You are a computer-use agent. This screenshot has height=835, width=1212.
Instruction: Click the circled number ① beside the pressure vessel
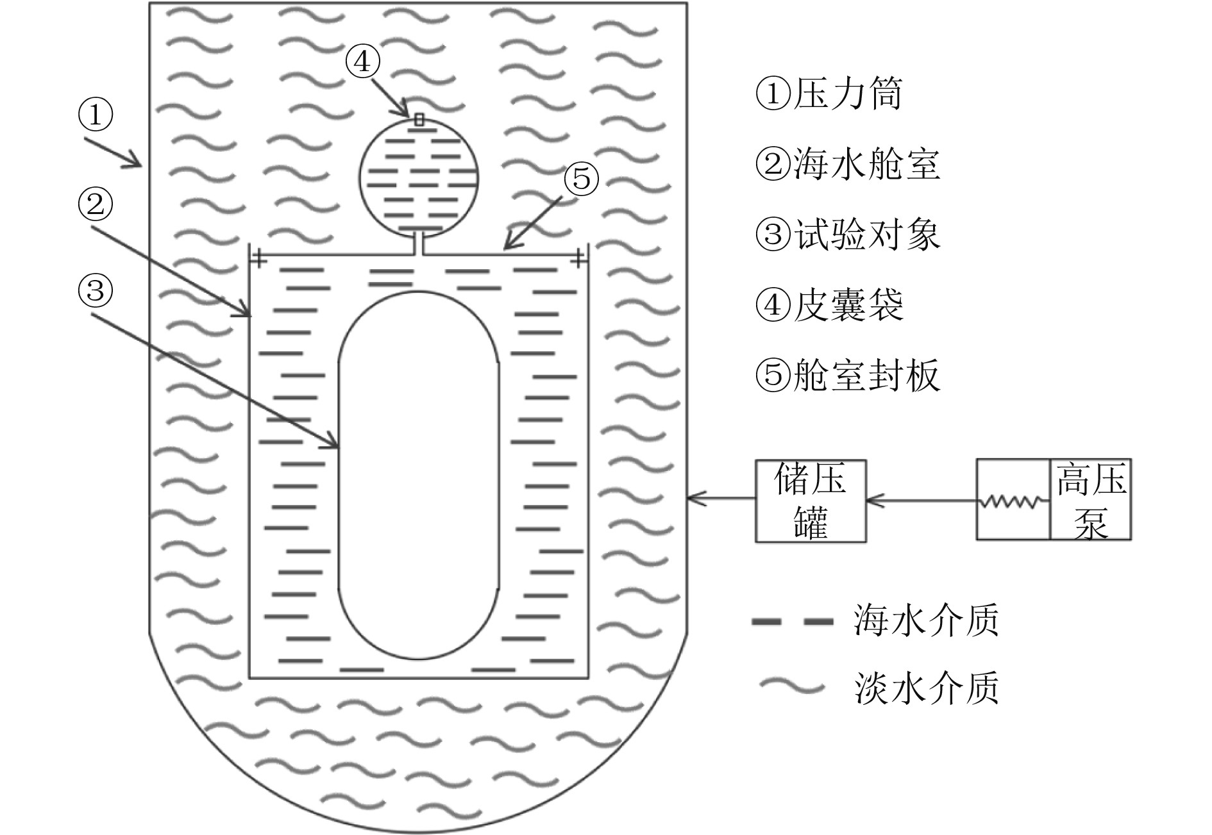coord(96,115)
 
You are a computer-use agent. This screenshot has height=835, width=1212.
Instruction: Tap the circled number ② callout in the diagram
coord(96,205)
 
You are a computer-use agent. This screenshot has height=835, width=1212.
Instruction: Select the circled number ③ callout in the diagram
coord(96,291)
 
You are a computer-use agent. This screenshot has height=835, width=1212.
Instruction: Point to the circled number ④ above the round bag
coord(363,62)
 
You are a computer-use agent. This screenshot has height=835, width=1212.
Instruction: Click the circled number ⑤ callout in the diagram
coord(581,179)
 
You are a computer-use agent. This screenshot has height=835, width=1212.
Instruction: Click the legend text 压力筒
coord(848,95)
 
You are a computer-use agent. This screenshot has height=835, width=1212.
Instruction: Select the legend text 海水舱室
coord(866,165)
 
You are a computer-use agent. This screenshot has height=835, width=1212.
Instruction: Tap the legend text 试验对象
coord(866,235)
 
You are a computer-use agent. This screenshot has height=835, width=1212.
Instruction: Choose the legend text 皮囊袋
coord(848,305)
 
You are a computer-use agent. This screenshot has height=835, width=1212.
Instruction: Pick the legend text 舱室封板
coord(866,375)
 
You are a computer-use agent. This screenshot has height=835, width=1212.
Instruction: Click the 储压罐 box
coord(811,501)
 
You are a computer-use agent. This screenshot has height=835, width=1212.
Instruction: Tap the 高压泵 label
coord(1091,500)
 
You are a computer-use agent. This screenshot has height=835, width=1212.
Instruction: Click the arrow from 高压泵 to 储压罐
coord(921,500)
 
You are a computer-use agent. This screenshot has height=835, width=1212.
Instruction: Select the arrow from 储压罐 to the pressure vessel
coord(721,497)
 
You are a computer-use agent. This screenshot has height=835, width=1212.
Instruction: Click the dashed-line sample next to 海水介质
coord(793,622)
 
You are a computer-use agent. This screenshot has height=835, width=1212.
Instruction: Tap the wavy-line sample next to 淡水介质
coord(791,687)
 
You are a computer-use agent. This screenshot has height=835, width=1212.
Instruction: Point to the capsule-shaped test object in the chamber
coord(418,474)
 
